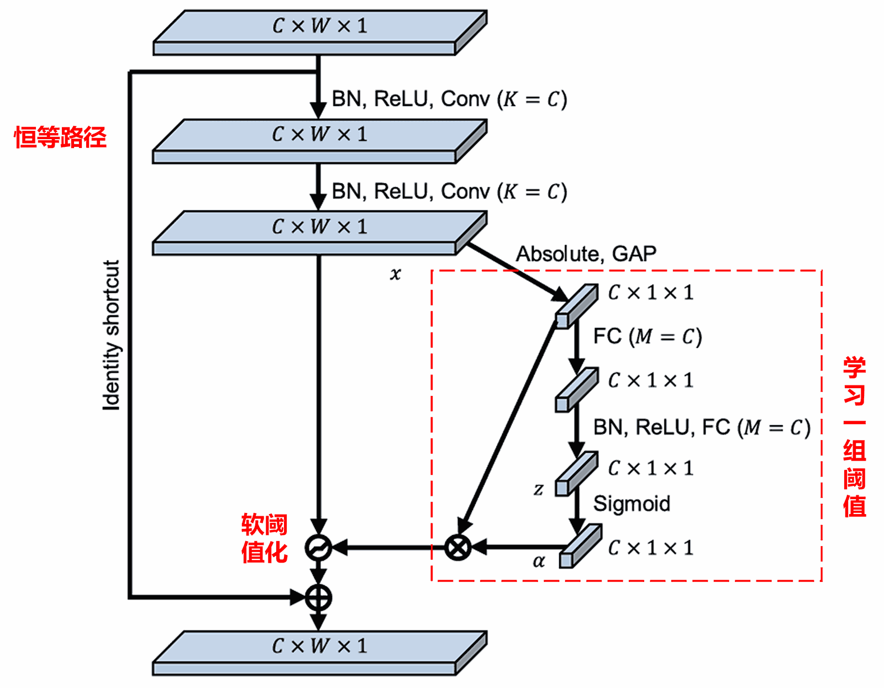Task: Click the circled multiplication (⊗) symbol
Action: (457, 548)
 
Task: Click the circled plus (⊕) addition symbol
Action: (319, 597)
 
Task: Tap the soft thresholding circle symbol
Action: (318, 548)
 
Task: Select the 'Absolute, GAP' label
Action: (586, 254)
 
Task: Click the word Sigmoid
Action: (632, 504)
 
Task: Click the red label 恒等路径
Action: (60, 137)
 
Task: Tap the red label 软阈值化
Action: (264, 538)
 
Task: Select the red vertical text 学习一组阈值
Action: (854, 436)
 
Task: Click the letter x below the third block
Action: (395, 274)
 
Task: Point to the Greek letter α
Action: (539, 562)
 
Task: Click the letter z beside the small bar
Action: (538, 489)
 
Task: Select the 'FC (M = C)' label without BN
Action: (647, 336)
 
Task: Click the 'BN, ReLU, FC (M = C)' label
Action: (701, 427)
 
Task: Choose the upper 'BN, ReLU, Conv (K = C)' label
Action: (449, 99)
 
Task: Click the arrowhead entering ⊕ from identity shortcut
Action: (297, 597)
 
